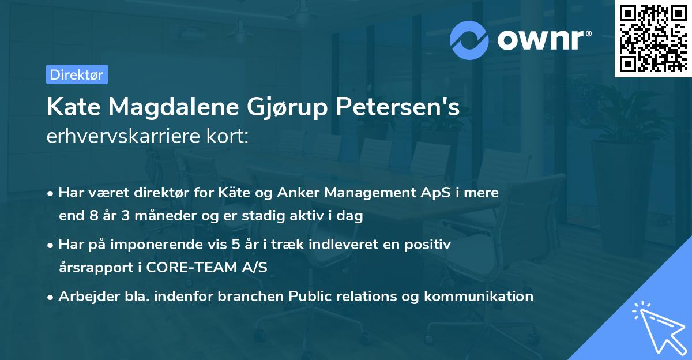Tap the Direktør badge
coord(77,74)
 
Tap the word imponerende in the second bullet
coord(160,245)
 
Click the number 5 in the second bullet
coord(235,245)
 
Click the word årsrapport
coord(99,268)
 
